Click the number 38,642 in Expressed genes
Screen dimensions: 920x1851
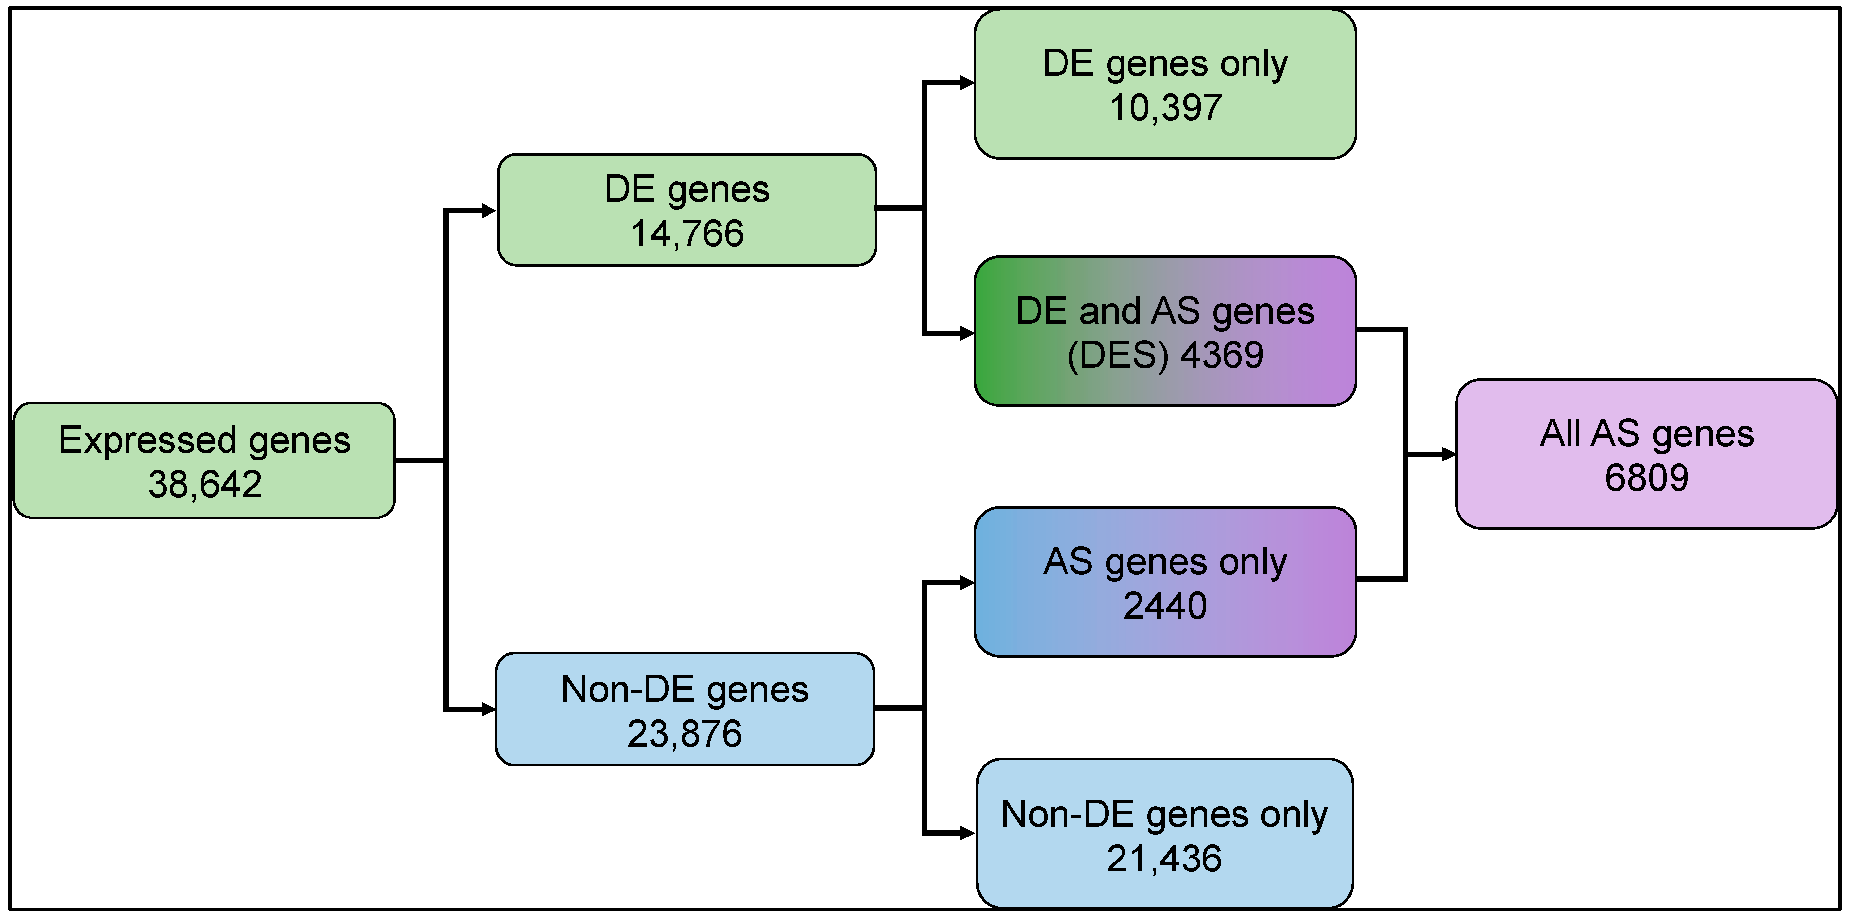205,484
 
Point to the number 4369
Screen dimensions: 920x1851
1222,355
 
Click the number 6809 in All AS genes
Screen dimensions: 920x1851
1646,478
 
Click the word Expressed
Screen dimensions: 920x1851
147,440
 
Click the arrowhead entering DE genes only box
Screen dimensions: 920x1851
967,83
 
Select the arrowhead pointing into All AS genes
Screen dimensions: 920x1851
1448,454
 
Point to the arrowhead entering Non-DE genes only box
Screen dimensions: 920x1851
967,834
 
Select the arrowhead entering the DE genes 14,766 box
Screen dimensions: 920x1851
489,211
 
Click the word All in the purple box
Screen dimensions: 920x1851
1559,433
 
